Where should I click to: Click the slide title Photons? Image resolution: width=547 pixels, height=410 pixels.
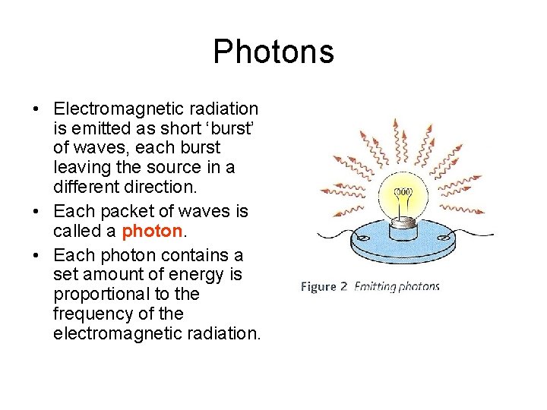point(273,52)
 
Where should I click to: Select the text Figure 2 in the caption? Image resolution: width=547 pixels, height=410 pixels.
point(324,287)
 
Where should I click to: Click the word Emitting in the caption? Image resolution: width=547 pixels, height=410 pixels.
point(377,287)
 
